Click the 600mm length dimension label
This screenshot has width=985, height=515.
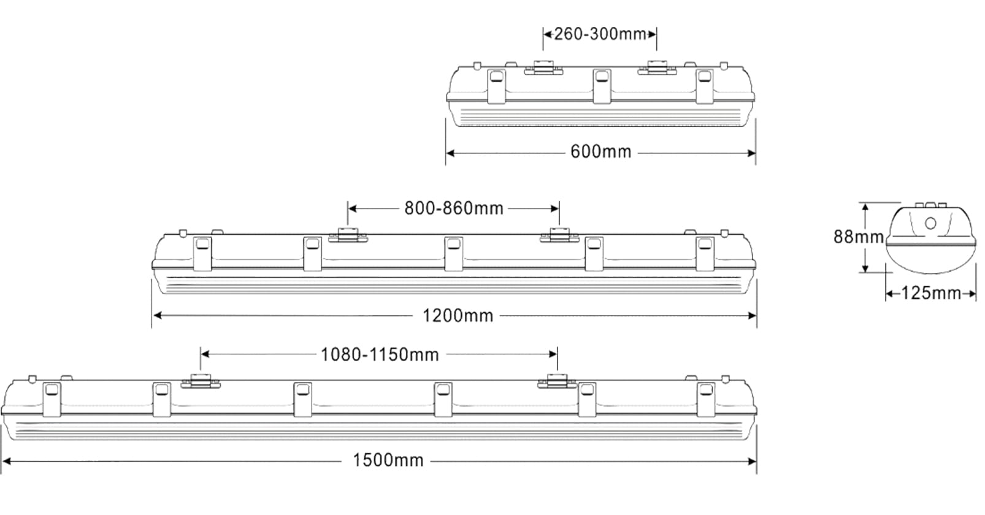(x=600, y=151)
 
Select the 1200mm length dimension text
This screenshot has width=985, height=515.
(x=458, y=316)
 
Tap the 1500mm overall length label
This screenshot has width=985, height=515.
(x=388, y=460)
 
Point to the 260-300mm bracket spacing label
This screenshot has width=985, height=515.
(x=600, y=34)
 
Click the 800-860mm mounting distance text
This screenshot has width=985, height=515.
(x=454, y=208)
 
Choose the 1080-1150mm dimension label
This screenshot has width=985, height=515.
(x=380, y=354)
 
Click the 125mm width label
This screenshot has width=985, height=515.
(x=930, y=294)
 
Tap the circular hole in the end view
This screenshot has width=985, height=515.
(x=930, y=223)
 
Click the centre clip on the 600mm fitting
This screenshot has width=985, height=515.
(x=602, y=86)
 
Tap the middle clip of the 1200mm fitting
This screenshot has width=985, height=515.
(x=453, y=253)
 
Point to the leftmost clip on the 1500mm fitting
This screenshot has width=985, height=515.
(x=52, y=398)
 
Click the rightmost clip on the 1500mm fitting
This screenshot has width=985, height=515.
(x=706, y=398)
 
